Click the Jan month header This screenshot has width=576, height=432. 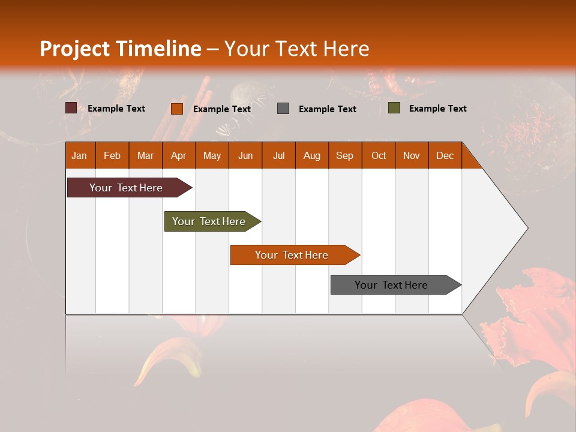(x=80, y=155)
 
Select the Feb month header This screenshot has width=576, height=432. (x=112, y=155)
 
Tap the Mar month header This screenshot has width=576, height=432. (x=145, y=155)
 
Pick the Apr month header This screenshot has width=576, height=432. (x=179, y=155)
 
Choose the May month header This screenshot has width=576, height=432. (x=212, y=155)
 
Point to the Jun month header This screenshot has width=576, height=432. (x=245, y=155)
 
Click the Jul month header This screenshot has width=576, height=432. (x=278, y=155)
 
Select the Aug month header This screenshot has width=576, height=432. (x=312, y=155)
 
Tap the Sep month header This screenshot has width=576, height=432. (x=345, y=155)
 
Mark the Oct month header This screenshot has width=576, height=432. (x=379, y=155)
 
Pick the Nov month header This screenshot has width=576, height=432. (x=412, y=155)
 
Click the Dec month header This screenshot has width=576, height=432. (x=445, y=155)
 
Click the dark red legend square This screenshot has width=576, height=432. (x=71, y=108)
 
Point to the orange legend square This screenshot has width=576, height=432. (x=176, y=109)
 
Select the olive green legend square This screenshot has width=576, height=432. (x=394, y=108)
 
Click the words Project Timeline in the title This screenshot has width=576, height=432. (x=121, y=49)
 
